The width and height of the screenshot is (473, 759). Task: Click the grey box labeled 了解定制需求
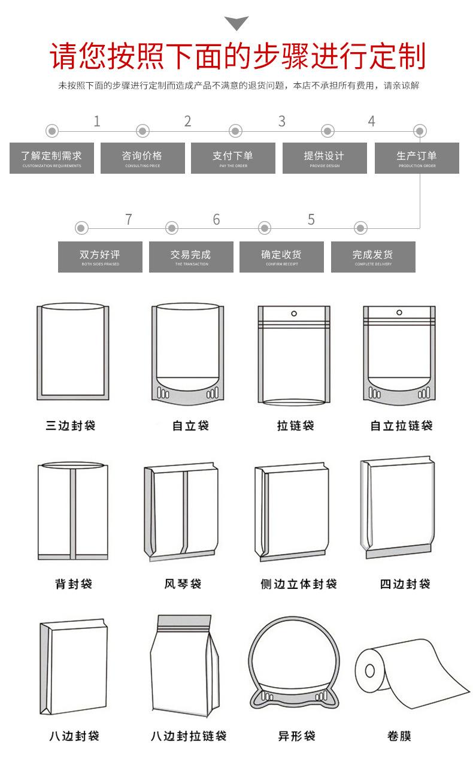51,158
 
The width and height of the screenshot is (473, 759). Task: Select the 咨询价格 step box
142,158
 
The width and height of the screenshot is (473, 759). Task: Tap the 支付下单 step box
233,158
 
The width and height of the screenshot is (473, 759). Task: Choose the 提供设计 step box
325,158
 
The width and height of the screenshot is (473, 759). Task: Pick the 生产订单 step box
417,158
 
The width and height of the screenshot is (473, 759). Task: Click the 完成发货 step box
373,257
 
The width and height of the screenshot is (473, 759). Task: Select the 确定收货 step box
281,257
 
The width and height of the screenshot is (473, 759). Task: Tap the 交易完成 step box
191,257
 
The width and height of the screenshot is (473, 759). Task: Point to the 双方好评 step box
100,257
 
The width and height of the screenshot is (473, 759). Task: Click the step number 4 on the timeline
371,122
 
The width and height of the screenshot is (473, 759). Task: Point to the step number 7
128,220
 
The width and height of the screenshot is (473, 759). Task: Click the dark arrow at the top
236,23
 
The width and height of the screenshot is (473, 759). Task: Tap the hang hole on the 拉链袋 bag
293,313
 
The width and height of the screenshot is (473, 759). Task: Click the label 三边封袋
71,426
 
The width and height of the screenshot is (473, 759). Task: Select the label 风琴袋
183,583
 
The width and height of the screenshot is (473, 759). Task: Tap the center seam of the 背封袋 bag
73,512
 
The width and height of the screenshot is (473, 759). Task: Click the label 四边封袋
405,583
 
